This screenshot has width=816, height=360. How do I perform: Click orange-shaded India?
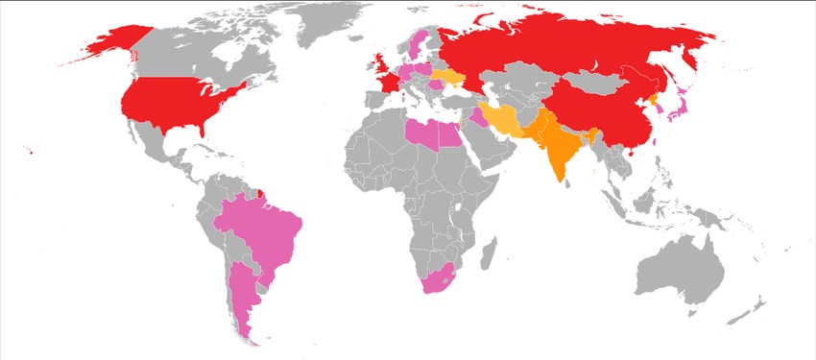click(x=557, y=144)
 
